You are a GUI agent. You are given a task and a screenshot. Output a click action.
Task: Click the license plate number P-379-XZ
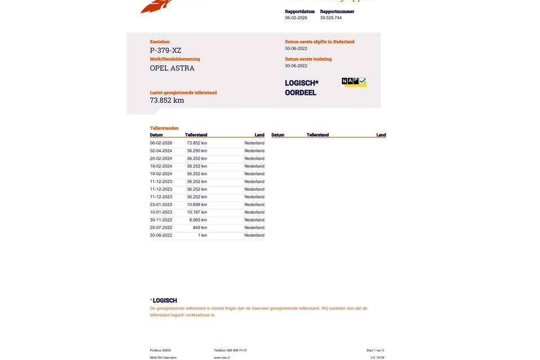pos(165,51)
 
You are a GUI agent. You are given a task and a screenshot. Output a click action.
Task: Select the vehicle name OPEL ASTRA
pos(172,68)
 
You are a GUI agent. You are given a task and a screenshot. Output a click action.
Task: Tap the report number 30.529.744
pos(331,18)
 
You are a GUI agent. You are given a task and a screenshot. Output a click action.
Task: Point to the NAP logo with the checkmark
pos(354,82)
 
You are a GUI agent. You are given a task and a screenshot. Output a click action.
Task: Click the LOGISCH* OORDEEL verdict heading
pos(301,88)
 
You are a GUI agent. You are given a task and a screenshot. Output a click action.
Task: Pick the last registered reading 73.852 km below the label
pos(167,101)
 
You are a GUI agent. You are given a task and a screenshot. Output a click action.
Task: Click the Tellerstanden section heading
pos(164,128)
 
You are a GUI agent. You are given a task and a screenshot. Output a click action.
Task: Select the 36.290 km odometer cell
pos(197,151)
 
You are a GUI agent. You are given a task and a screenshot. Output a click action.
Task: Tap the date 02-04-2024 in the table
pos(161,151)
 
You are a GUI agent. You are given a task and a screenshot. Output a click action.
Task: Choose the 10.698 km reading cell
pos(197,205)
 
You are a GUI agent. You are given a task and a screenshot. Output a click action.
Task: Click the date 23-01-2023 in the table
pos(161,205)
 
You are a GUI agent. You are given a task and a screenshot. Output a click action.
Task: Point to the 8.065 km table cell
pos(198,220)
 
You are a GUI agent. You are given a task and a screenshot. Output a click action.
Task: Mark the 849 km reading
pos(200,228)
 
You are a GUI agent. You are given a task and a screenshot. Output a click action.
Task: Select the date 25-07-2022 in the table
pos(161,228)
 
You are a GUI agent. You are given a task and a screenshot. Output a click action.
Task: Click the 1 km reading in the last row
pos(202,236)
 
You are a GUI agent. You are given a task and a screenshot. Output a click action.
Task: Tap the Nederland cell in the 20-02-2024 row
pos(254,159)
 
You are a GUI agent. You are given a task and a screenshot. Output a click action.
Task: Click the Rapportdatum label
pos(300,11)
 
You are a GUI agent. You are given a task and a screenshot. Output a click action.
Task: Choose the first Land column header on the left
pos(259,135)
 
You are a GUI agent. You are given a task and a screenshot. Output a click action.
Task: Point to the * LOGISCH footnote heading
pos(164,301)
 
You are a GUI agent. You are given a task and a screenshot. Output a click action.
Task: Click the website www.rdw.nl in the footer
pos(222,358)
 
